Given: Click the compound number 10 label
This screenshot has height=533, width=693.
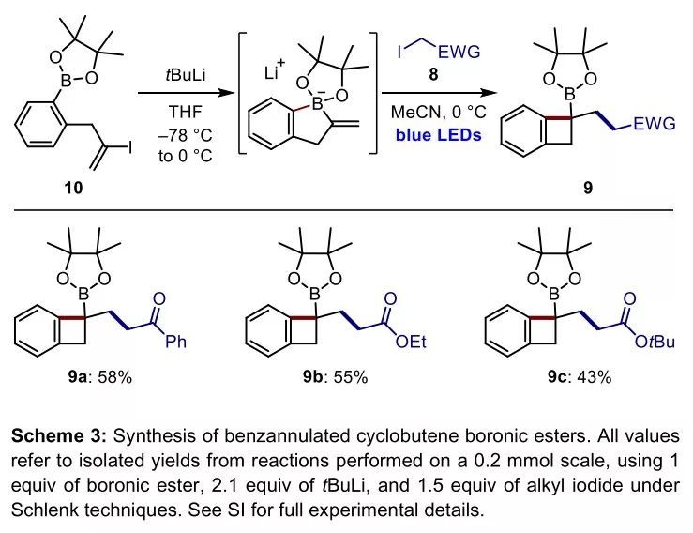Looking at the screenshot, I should click(x=72, y=188).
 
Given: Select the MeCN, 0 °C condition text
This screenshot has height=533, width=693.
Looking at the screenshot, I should click(x=436, y=114).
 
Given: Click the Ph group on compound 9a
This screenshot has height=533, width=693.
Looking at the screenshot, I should click(x=176, y=341).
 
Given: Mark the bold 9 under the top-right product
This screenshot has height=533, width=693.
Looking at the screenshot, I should click(x=587, y=188).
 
